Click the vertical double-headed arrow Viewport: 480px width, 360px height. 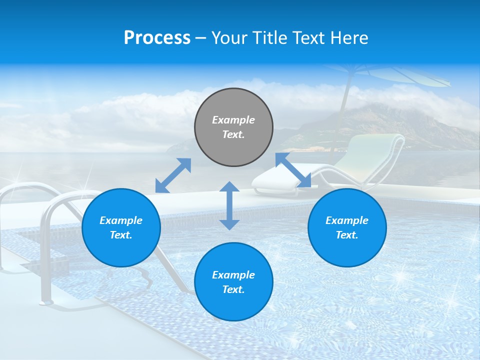[229, 205]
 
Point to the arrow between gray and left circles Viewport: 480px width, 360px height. [173, 175]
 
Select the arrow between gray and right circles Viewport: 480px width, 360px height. [293, 170]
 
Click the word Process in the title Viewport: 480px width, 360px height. [157, 38]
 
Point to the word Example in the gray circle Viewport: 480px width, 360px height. [233, 120]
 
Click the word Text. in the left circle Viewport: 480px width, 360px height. [121, 235]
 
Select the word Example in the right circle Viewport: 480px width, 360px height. [347, 220]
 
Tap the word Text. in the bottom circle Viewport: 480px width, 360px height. [233, 289]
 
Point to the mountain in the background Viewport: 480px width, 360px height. [370, 125]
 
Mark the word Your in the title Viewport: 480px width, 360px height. [228, 38]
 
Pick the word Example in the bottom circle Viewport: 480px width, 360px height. [233, 275]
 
